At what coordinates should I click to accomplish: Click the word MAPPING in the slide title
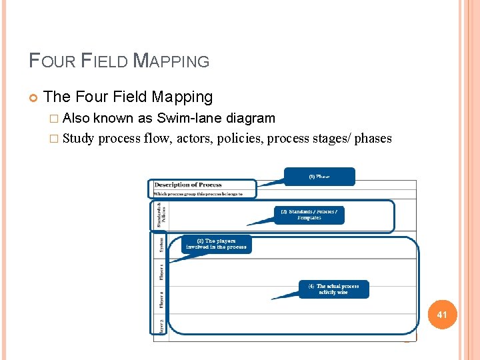[x=171, y=61]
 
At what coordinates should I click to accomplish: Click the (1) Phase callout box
[x=319, y=177]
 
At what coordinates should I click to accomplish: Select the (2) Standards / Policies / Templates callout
[x=309, y=215]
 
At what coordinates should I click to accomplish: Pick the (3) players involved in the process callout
[x=216, y=244]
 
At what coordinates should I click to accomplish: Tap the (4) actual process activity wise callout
[x=333, y=289]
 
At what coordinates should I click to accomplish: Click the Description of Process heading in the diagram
[x=188, y=185]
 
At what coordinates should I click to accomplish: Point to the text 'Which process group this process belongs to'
[x=198, y=194]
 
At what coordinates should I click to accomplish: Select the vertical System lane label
[x=161, y=246]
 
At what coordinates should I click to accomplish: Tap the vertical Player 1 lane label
[x=161, y=273]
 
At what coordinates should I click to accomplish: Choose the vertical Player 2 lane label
[x=161, y=299]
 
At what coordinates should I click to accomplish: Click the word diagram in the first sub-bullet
[x=251, y=119]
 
